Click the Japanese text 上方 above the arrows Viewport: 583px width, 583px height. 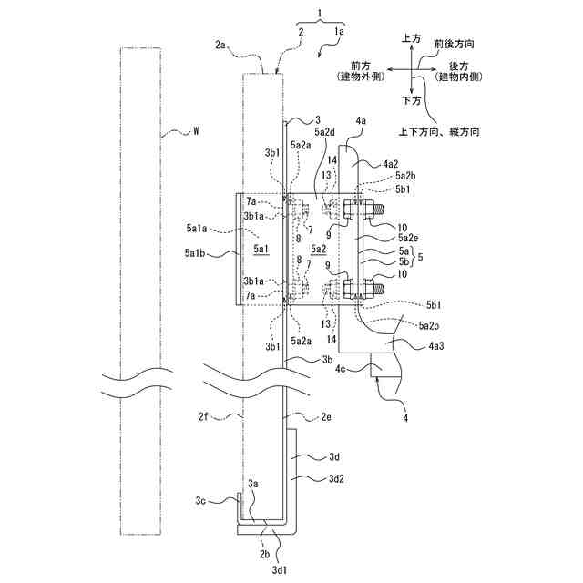coord(412,40)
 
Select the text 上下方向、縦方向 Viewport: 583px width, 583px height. coord(440,131)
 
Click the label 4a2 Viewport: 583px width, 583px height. coord(380,163)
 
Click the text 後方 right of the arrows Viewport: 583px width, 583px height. coord(460,67)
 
